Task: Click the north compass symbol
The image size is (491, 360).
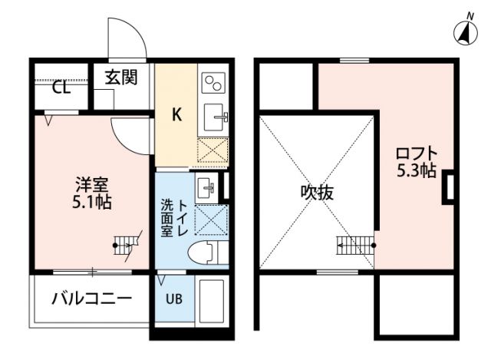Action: pos(464,31)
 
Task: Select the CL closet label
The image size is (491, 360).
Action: pos(61,87)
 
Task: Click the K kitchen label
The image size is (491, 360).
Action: pos(176,116)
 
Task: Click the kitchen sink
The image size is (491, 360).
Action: pos(214,118)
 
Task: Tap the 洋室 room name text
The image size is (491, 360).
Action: pos(91,185)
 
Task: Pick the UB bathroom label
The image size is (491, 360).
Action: pos(173,297)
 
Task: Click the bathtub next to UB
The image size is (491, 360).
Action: pos(210,302)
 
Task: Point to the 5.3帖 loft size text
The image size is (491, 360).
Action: pos(416,170)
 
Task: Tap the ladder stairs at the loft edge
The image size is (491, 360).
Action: pos(354,246)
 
